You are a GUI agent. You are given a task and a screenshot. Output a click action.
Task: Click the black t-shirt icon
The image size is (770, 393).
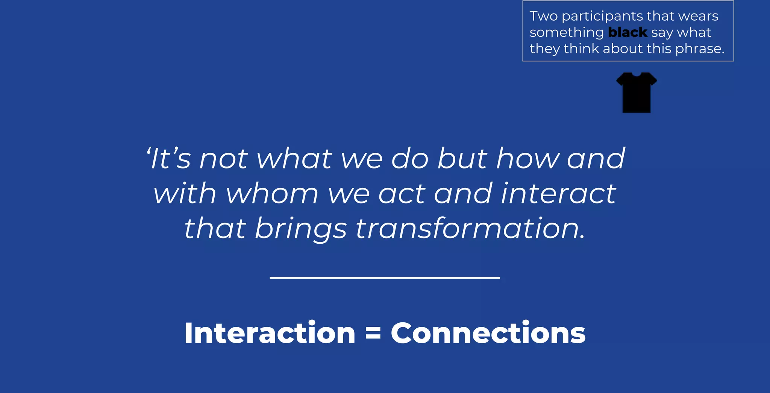coord(636,93)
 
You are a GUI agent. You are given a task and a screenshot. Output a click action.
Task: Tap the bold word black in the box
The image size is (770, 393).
coord(628,32)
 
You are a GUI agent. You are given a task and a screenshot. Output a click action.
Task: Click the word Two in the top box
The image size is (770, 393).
coord(544,16)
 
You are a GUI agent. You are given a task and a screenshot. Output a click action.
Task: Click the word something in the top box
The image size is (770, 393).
coord(567,33)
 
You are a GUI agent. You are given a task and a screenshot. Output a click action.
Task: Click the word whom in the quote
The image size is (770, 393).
coord(272,194)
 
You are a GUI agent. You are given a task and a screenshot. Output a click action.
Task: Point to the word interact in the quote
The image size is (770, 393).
coord(559,194)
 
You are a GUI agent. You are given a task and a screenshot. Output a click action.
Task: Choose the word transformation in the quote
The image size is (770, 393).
coord(470,228)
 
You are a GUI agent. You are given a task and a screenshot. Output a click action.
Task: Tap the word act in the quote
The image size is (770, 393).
coord(401,194)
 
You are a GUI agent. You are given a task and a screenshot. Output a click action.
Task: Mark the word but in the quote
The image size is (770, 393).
coord(462,158)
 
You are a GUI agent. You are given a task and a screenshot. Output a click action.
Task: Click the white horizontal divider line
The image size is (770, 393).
coord(385,278)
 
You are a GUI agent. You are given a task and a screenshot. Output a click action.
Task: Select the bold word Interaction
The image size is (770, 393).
coord(270,333)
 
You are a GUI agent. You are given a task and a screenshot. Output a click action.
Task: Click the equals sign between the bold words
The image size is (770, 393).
coord(373,334)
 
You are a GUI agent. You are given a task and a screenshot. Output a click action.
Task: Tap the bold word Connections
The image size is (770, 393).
coord(488,333)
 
